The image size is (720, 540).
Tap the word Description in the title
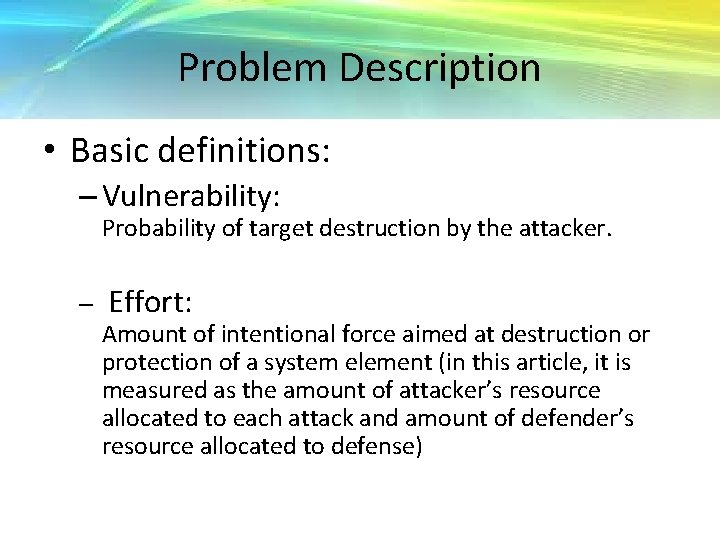440,68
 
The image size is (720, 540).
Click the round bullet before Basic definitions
50,151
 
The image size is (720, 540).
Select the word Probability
152,228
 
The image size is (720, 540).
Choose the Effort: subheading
150,301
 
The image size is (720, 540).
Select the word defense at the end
383,446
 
